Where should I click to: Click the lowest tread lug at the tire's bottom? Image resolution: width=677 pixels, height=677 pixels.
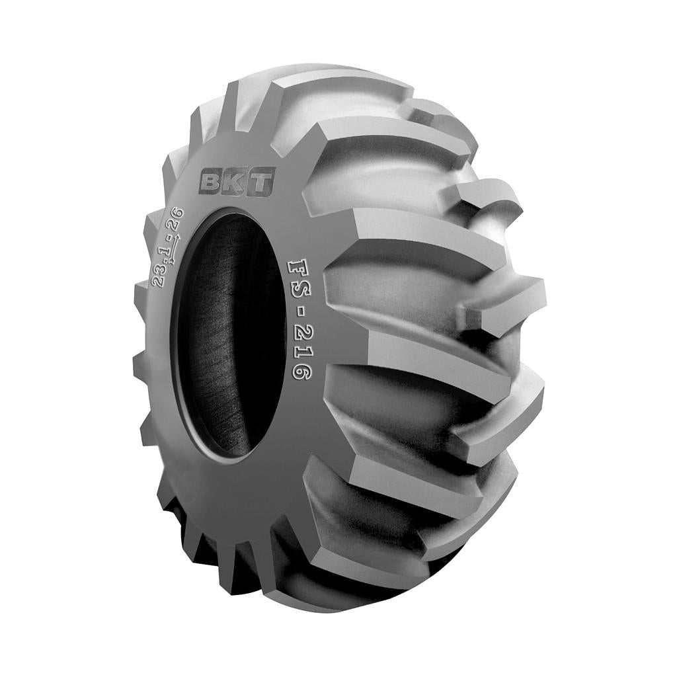point(344,595)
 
